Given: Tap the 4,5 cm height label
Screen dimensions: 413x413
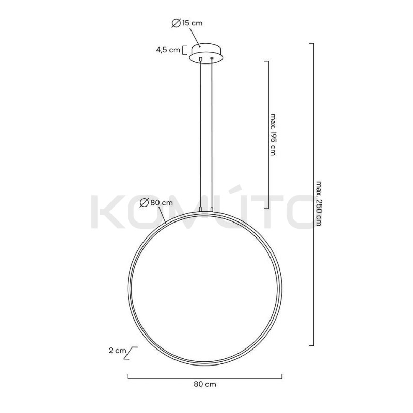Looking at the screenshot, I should coord(168,50).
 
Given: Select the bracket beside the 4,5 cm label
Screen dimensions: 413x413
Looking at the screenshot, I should coord(185,50).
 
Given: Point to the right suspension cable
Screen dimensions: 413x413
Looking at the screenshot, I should coord(212,134).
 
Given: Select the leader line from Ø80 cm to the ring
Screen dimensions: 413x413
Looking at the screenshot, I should coord(164,215).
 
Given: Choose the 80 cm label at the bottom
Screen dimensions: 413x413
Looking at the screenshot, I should coord(204,384).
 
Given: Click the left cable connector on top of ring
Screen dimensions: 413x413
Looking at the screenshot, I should coord(200,209).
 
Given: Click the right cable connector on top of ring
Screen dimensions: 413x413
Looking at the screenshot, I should coord(212,209).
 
